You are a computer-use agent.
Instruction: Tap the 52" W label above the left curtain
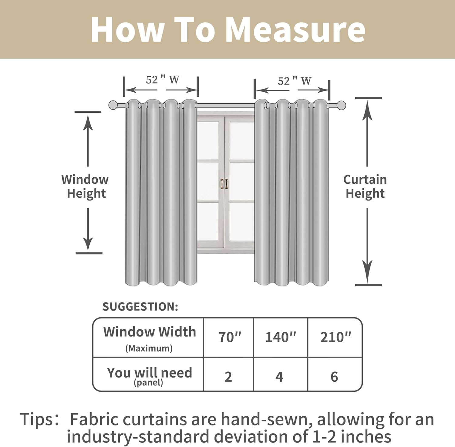click(x=162, y=80)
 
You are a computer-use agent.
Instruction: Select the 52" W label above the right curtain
click(x=294, y=81)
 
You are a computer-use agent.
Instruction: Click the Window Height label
click(x=85, y=186)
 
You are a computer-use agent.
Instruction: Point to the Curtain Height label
click(x=365, y=186)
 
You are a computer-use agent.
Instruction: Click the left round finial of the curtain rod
click(x=113, y=105)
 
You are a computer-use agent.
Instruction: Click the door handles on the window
click(x=224, y=183)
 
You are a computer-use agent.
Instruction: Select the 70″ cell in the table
click(x=230, y=337)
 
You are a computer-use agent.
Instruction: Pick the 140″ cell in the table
click(x=281, y=337)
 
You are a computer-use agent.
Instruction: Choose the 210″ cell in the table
click(x=335, y=337)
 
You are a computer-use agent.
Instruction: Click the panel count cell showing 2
click(x=228, y=377)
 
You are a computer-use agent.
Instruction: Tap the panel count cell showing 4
click(x=279, y=377)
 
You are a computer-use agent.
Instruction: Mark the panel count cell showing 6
click(x=334, y=377)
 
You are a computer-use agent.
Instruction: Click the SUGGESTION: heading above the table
click(x=140, y=307)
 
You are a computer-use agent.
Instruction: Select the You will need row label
click(x=149, y=375)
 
